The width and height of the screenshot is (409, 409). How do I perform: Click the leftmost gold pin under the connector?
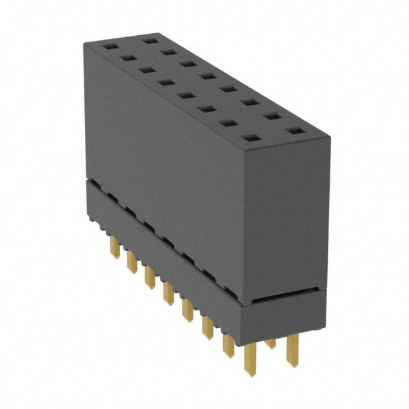coord(116,247)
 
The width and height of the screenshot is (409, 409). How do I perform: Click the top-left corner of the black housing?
coord(86,43)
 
